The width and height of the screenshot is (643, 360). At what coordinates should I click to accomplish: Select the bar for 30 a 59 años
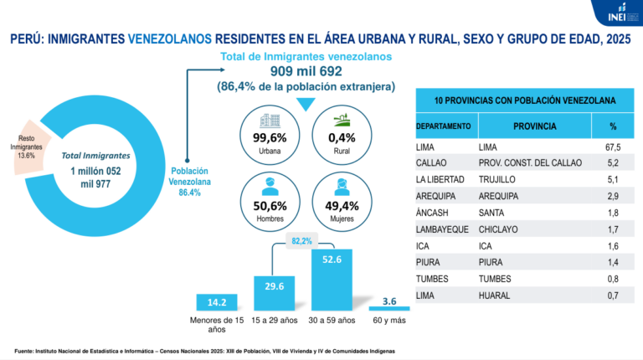(x=332, y=280)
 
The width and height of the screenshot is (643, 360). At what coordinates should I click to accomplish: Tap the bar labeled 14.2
(x=217, y=302)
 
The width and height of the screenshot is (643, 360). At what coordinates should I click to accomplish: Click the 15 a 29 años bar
(x=275, y=293)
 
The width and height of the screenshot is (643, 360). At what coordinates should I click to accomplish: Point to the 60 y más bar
(x=389, y=308)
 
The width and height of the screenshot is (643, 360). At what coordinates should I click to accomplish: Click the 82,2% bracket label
(x=301, y=241)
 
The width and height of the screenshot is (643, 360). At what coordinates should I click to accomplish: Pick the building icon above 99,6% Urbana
(x=270, y=121)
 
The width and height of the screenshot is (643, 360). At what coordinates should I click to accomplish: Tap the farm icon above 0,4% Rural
(x=342, y=120)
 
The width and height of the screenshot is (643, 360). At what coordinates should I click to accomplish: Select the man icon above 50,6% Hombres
(x=270, y=187)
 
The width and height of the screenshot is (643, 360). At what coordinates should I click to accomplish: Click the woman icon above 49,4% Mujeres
(x=342, y=188)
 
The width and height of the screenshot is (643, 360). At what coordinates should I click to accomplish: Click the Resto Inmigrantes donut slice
(x=29, y=147)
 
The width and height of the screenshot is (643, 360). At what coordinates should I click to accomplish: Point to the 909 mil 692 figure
(x=306, y=71)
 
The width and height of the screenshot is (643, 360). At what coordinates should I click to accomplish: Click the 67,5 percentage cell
(x=613, y=147)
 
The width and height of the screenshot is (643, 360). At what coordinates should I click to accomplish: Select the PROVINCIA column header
(x=535, y=126)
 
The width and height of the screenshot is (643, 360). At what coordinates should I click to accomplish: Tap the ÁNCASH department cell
(x=432, y=213)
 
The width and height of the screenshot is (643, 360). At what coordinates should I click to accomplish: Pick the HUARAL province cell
(x=494, y=296)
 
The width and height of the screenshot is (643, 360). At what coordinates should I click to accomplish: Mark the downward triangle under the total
(x=306, y=104)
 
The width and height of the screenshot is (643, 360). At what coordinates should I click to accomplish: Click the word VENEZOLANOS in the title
(x=170, y=39)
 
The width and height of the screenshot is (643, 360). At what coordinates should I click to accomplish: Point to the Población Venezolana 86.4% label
(x=189, y=182)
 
